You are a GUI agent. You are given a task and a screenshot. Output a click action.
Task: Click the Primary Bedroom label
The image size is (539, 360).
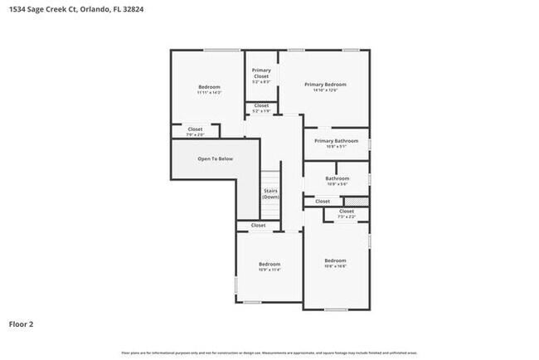pos(325,85)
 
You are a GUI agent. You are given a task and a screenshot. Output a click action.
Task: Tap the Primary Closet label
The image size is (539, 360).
pos(261,73)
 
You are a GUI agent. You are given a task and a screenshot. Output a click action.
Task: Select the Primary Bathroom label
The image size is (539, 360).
pos(336,141)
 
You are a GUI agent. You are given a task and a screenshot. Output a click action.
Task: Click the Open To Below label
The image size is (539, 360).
pos(215,158)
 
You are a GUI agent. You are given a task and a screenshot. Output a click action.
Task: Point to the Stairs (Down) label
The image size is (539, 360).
pos(270,194)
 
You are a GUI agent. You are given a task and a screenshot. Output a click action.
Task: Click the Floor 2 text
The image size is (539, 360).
pos(22,324)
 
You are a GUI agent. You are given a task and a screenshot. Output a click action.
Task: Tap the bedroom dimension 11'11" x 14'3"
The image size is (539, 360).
pos(209,93)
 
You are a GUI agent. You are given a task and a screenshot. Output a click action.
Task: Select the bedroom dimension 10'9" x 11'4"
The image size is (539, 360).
pos(269,270)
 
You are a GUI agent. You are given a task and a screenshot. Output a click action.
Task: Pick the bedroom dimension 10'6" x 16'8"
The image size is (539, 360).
pos(335,266)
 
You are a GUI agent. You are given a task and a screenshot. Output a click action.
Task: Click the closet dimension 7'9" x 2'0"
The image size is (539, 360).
pos(195,134)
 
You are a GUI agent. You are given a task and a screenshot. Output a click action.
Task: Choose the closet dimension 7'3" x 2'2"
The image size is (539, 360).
pos(347,216)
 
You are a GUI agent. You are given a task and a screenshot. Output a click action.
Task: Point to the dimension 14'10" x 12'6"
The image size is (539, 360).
pos(325,90)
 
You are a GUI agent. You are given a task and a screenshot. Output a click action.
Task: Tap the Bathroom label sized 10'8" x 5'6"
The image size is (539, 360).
pos(337,178)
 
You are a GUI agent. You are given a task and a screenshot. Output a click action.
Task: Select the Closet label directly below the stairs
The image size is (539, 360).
pos(259,226)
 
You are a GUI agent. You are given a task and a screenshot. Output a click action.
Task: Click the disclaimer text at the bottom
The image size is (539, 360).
pos(269,353)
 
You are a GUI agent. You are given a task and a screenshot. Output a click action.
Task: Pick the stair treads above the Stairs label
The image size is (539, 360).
pos(270,179)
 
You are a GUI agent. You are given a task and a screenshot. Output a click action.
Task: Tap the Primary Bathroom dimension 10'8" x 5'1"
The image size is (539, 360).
pos(336,147)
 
